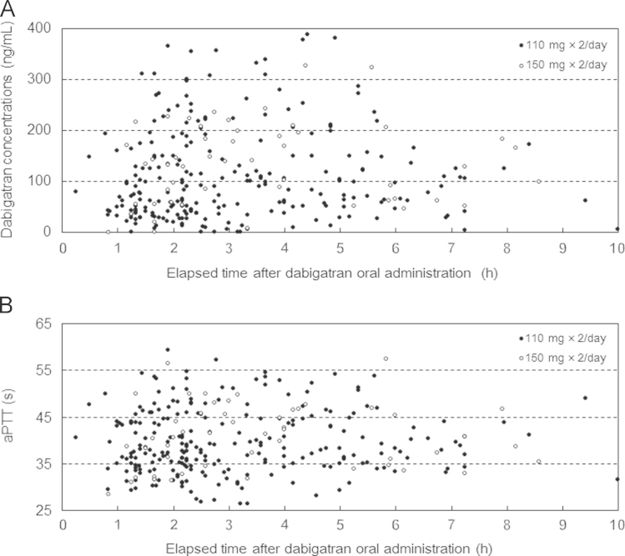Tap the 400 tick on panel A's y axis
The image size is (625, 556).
click(x=43, y=28)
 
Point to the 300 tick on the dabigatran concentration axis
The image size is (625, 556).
click(x=43, y=79)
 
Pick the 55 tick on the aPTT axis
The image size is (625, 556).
click(x=46, y=369)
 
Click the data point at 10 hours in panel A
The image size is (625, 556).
click(x=617, y=228)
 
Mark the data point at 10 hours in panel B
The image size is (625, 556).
click(x=617, y=479)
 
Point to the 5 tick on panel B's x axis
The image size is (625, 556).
click(x=340, y=526)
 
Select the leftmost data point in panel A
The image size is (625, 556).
click(x=75, y=191)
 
